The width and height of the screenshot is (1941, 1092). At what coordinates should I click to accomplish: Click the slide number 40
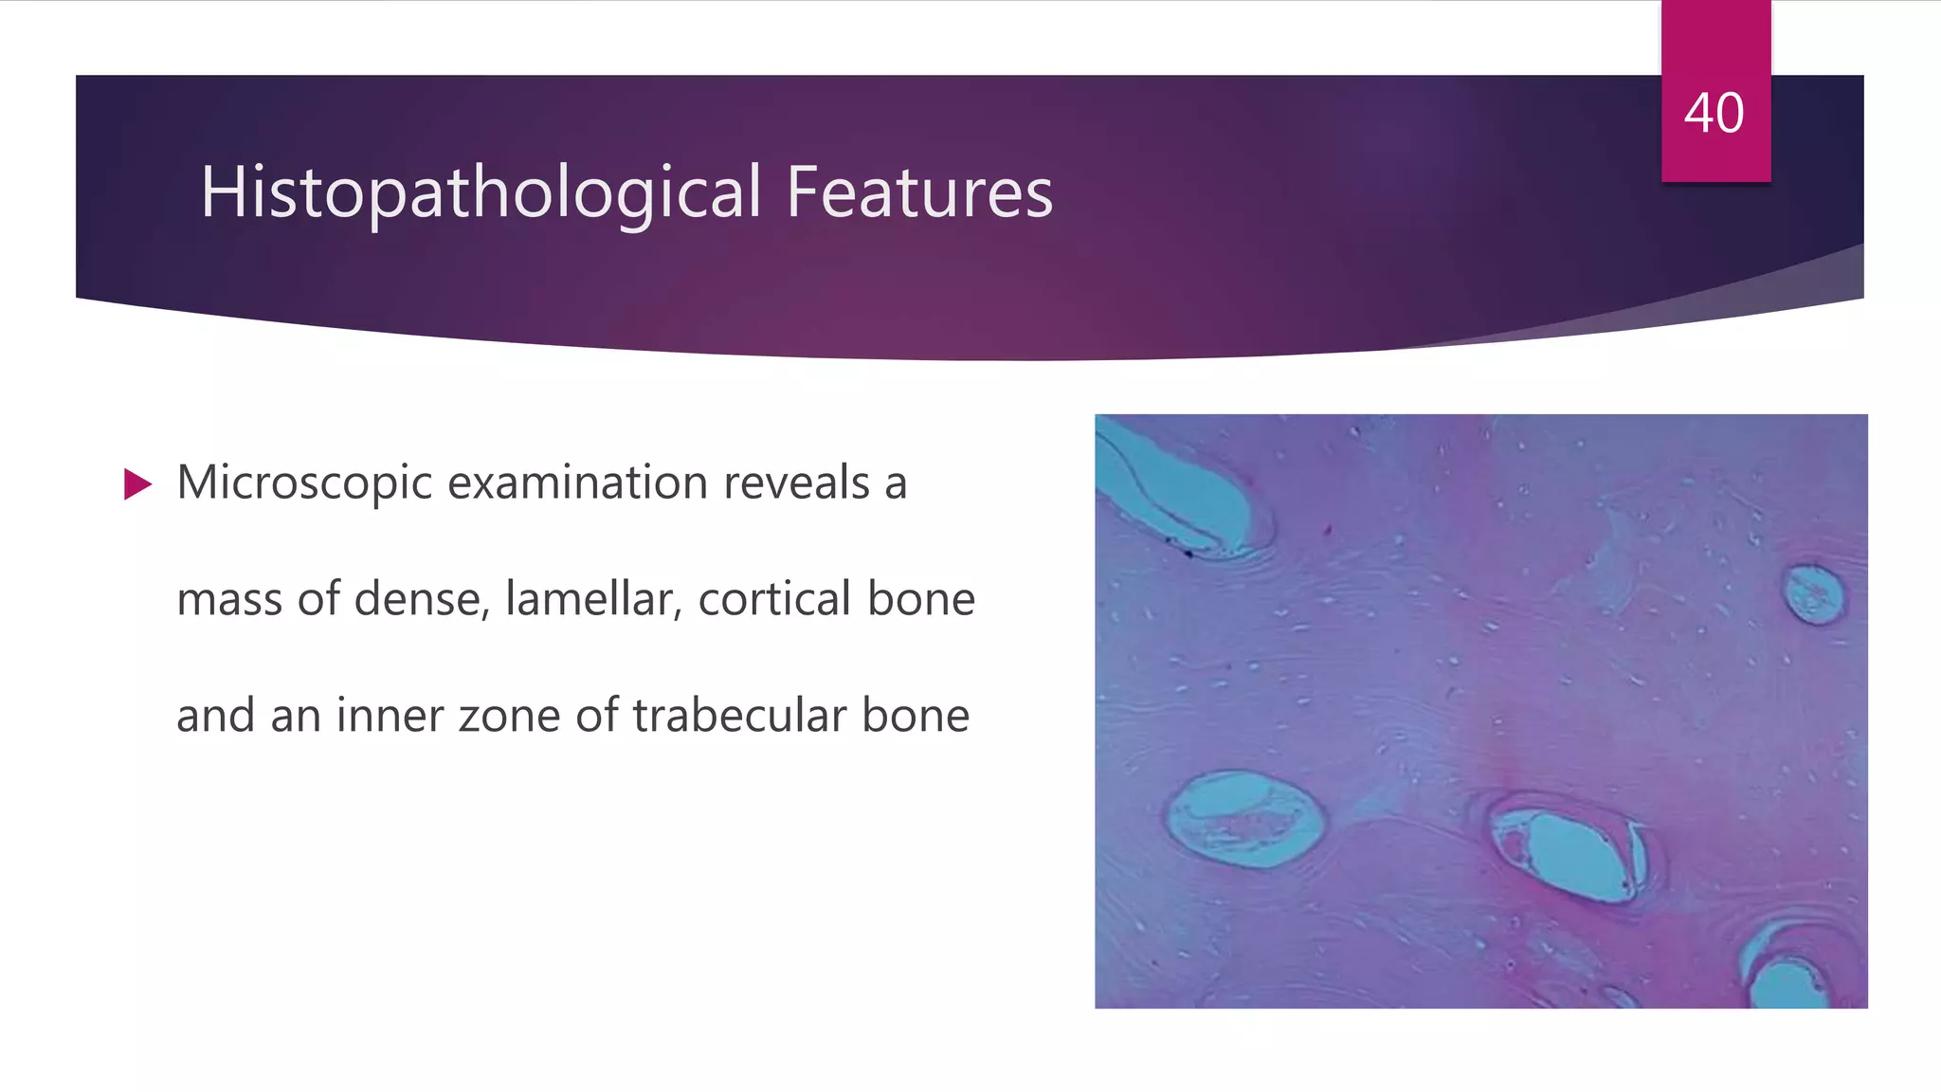click(x=1714, y=114)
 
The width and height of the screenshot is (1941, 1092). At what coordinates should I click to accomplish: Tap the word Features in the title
click(x=918, y=192)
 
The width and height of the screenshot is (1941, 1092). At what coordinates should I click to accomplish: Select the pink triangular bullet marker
click(x=137, y=484)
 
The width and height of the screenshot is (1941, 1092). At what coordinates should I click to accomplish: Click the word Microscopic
click(x=304, y=483)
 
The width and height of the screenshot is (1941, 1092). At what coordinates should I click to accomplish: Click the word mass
click(x=228, y=599)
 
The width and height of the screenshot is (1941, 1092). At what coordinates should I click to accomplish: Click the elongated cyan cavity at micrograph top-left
click(x=1180, y=493)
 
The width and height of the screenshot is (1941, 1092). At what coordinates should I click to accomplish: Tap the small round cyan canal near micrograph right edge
click(x=1813, y=594)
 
